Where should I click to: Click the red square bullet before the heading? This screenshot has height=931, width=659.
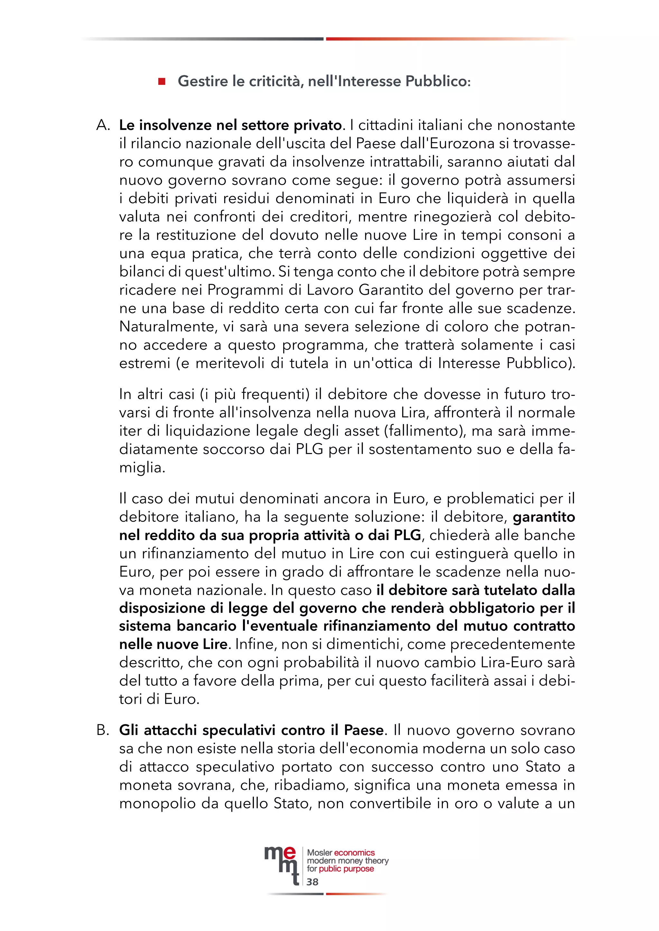click(x=162, y=82)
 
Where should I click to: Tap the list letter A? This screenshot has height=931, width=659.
click(x=103, y=125)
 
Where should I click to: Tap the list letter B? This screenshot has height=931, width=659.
click(x=103, y=730)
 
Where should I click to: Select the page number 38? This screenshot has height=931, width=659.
click(x=312, y=882)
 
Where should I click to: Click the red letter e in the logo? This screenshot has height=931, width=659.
click(x=289, y=853)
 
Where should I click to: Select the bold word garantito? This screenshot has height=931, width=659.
click(x=544, y=517)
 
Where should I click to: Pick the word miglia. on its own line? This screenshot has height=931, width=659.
click(x=142, y=467)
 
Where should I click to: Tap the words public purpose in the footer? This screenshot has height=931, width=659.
click(x=346, y=869)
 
